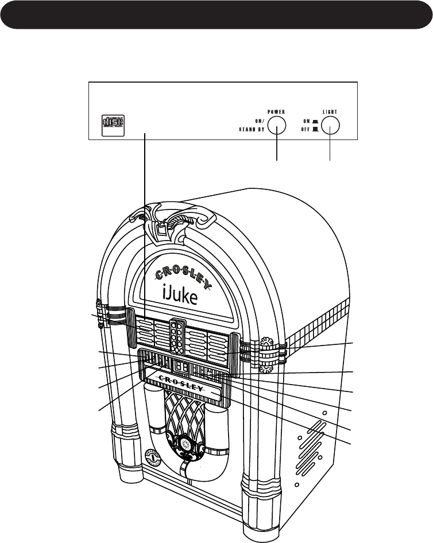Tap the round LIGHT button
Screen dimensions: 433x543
(330, 125)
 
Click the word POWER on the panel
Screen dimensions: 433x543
(276, 112)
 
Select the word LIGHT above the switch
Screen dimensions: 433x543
(330, 112)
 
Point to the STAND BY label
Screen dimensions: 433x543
(252, 130)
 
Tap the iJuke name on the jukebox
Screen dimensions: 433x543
(183, 298)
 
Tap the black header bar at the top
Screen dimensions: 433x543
(216, 14)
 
